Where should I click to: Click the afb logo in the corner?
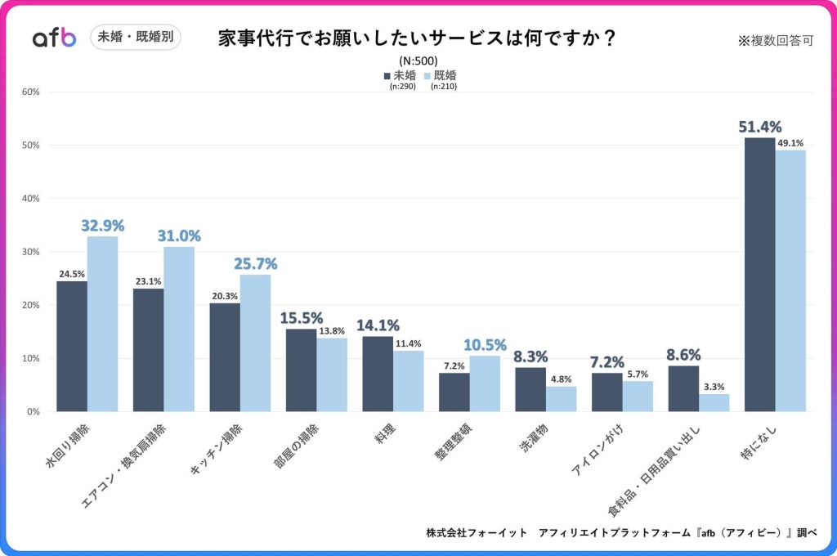click(54, 38)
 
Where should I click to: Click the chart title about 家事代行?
click(417, 38)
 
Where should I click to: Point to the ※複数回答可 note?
click(775, 41)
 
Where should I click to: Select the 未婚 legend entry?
click(400, 75)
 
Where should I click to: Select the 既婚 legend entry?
click(441, 75)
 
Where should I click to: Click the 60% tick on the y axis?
click(31, 92)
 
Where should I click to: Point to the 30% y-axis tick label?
click(31, 252)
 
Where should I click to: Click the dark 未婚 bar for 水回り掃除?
click(72, 346)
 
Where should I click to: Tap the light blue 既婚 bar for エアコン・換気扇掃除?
click(179, 329)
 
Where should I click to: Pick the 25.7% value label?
click(256, 263)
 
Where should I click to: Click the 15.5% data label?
click(301, 317)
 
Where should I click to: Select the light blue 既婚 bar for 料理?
click(409, 381)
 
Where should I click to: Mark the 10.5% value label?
click(486, 344)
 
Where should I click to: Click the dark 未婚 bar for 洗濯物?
click(530, 389)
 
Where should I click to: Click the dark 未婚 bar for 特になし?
click(760, 274)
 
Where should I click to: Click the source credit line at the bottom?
click(621, 532)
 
